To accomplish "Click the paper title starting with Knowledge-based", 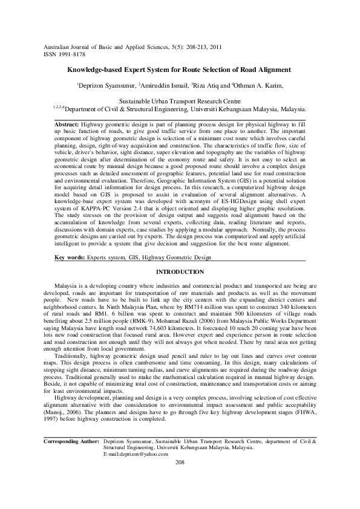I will [179, 70].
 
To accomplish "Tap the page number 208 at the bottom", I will [179, 479].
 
